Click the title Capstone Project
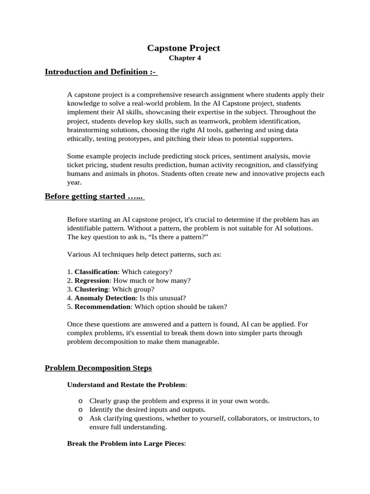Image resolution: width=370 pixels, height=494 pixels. (x=183, y=48)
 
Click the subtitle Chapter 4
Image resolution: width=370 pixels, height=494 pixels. (x=185, y=58)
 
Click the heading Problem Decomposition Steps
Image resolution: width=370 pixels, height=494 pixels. (x=98, y=368)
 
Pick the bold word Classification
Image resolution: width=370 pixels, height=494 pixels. (x=96, y=272)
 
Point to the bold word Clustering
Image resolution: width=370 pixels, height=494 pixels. (x=91, y=289)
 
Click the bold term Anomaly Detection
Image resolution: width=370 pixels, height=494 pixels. (x=106, y=298)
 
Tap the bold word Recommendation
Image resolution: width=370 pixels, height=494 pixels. (x=103, y=306)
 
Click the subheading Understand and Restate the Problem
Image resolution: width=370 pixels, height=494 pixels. (x=126, y=384)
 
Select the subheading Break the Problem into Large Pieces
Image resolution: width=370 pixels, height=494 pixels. (x=126, y=443)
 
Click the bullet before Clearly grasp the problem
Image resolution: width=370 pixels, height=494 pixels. (x=80, y=401)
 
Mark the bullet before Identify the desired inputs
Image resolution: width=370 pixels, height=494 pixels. (x=80, y=410)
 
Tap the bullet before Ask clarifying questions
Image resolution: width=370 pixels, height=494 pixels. (x=80, y=418)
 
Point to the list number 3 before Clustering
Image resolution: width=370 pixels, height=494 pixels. (x=69, y=289)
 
